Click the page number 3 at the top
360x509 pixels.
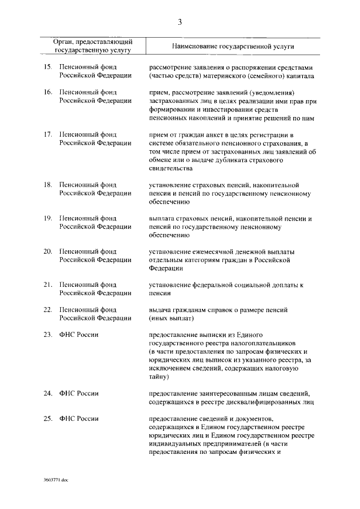pos(179,22)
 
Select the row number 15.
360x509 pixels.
pos(48,67)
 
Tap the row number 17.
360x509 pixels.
pos(48,135)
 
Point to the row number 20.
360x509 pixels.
pos(48,251)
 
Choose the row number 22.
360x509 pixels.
pos(48,310)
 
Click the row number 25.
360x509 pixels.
pos(48,418)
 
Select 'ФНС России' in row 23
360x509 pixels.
pos(79,335)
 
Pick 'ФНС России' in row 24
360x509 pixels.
pos(79,394)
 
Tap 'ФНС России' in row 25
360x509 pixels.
pos(79,418)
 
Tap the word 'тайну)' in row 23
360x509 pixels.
pos(159,377)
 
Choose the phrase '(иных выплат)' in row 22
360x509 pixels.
pos(172,318)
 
